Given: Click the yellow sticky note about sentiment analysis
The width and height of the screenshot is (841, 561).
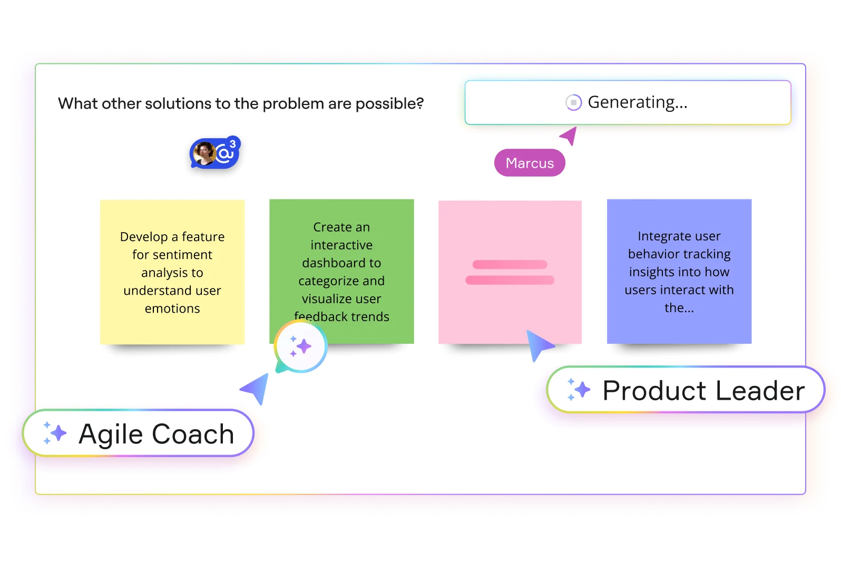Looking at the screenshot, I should click(x=172, y=272).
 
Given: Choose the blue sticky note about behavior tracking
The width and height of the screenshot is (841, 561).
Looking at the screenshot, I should click(x=679, y=272).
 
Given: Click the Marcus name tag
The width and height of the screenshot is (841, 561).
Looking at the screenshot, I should click(x=530, y=163).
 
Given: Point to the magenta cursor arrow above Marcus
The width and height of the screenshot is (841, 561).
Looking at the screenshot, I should click(x=569, y=136).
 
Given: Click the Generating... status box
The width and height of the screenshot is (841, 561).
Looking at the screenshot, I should click(x=628, y=102).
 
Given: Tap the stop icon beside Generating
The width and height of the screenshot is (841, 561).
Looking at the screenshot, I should click(x=573, y=102).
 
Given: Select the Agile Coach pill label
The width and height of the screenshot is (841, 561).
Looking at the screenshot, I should click(x=138, y=433).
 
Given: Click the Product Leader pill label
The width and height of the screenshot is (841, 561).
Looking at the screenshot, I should click(x=686, y=390).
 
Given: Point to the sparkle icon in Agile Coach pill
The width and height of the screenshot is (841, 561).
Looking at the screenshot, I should click(x=54, y=433).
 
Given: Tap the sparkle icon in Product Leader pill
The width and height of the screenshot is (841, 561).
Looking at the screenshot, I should click(x=578, y=390).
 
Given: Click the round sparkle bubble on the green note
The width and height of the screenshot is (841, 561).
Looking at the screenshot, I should click(x=301, y=346).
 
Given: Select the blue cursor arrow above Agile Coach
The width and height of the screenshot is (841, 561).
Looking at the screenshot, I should click(x=256, y=388).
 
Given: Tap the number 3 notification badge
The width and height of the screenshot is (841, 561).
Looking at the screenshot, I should click(x=233, y=143).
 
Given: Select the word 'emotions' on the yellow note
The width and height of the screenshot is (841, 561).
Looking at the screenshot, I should click(x=172, y=308).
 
